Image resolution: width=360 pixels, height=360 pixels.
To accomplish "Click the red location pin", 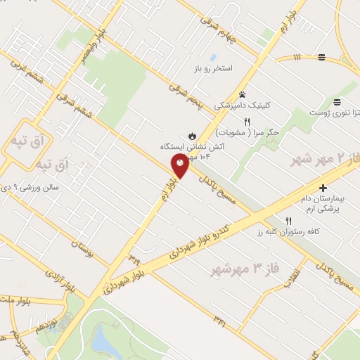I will (x=179, y=165).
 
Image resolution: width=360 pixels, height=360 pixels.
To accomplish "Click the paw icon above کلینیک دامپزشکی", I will (x=243, y=94).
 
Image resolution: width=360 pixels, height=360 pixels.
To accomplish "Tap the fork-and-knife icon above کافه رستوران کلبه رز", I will (x=288, y=221).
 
